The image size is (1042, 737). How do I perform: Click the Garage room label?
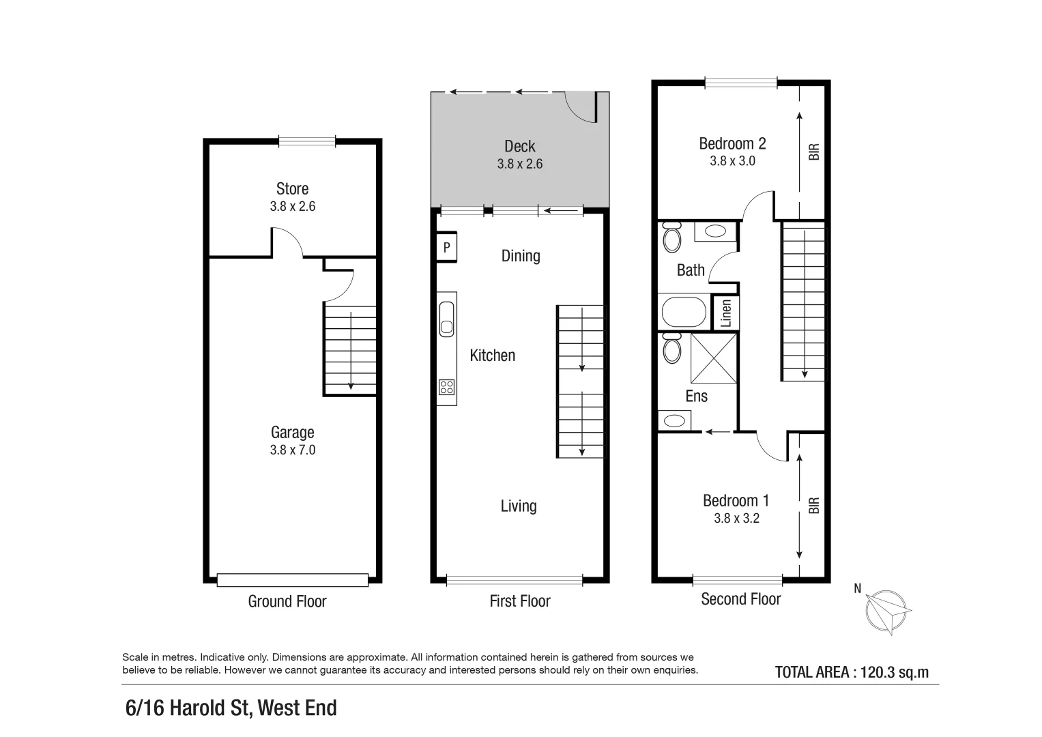tap(292, 432)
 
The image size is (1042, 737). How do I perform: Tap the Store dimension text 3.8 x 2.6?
tap(292, 206)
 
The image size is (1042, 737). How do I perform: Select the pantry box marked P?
tap(446, 247)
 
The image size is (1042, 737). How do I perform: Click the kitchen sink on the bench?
tap(446, 319)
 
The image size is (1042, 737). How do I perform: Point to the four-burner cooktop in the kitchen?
tap(446, 388)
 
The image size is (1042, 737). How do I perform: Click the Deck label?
tap(519, 146)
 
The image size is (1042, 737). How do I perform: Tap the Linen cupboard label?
tap(726, 313)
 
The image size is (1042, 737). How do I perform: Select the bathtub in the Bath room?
tap(684, 313)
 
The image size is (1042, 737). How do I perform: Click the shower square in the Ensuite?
tap(713, 358)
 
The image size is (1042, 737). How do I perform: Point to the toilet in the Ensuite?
tap(671, 349)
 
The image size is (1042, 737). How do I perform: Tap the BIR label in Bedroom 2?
tap(813, 151)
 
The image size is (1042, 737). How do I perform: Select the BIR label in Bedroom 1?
tap(813, 506)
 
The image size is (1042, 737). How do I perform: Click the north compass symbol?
tap(887, 609)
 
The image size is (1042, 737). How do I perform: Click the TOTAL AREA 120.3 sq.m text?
tap(851, 672)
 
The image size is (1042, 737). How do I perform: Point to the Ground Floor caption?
tap(287, 601)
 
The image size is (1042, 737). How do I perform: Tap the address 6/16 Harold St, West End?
tap(231, 708)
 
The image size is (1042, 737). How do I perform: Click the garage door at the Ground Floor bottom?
tap(292, 580)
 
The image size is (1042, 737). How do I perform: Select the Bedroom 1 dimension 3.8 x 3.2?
tap(736, 518)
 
